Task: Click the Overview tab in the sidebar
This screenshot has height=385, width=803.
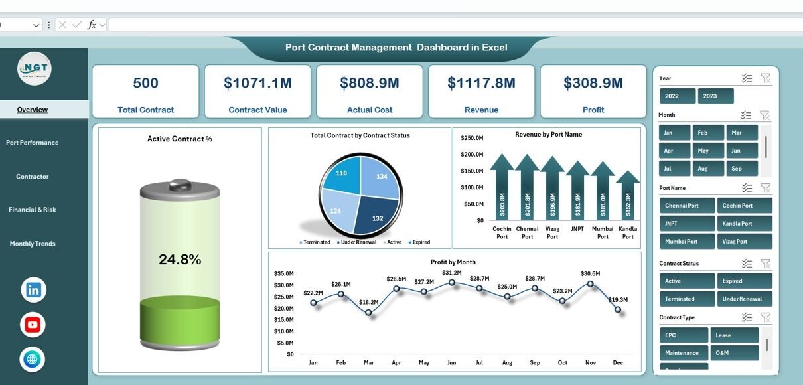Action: tap(33, 110)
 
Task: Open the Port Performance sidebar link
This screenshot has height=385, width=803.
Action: tap(33, 143)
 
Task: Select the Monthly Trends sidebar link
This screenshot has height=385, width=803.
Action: tap(33, 244)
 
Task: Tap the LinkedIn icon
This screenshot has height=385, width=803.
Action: tap(33, 290)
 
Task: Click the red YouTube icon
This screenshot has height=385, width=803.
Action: tap(33, 325)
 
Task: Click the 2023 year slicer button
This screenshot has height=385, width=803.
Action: tap(715, 96)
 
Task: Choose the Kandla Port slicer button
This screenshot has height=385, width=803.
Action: tap(744, 224)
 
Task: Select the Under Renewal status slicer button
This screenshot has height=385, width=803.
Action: tap(744, 299)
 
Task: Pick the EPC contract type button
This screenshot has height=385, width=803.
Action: tap(684, 335)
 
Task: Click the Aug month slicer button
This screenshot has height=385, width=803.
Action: tap(709, 169)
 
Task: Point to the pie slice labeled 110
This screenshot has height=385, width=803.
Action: tap(342, 175)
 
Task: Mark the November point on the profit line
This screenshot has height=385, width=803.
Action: tap(590, 283)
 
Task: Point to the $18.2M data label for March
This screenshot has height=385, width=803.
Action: tap(369, 302)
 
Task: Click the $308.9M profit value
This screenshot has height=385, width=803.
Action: tap(593, 83)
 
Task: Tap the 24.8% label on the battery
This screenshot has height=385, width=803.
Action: tap(180, 260)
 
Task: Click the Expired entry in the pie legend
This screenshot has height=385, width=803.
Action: tap(420, 242)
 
